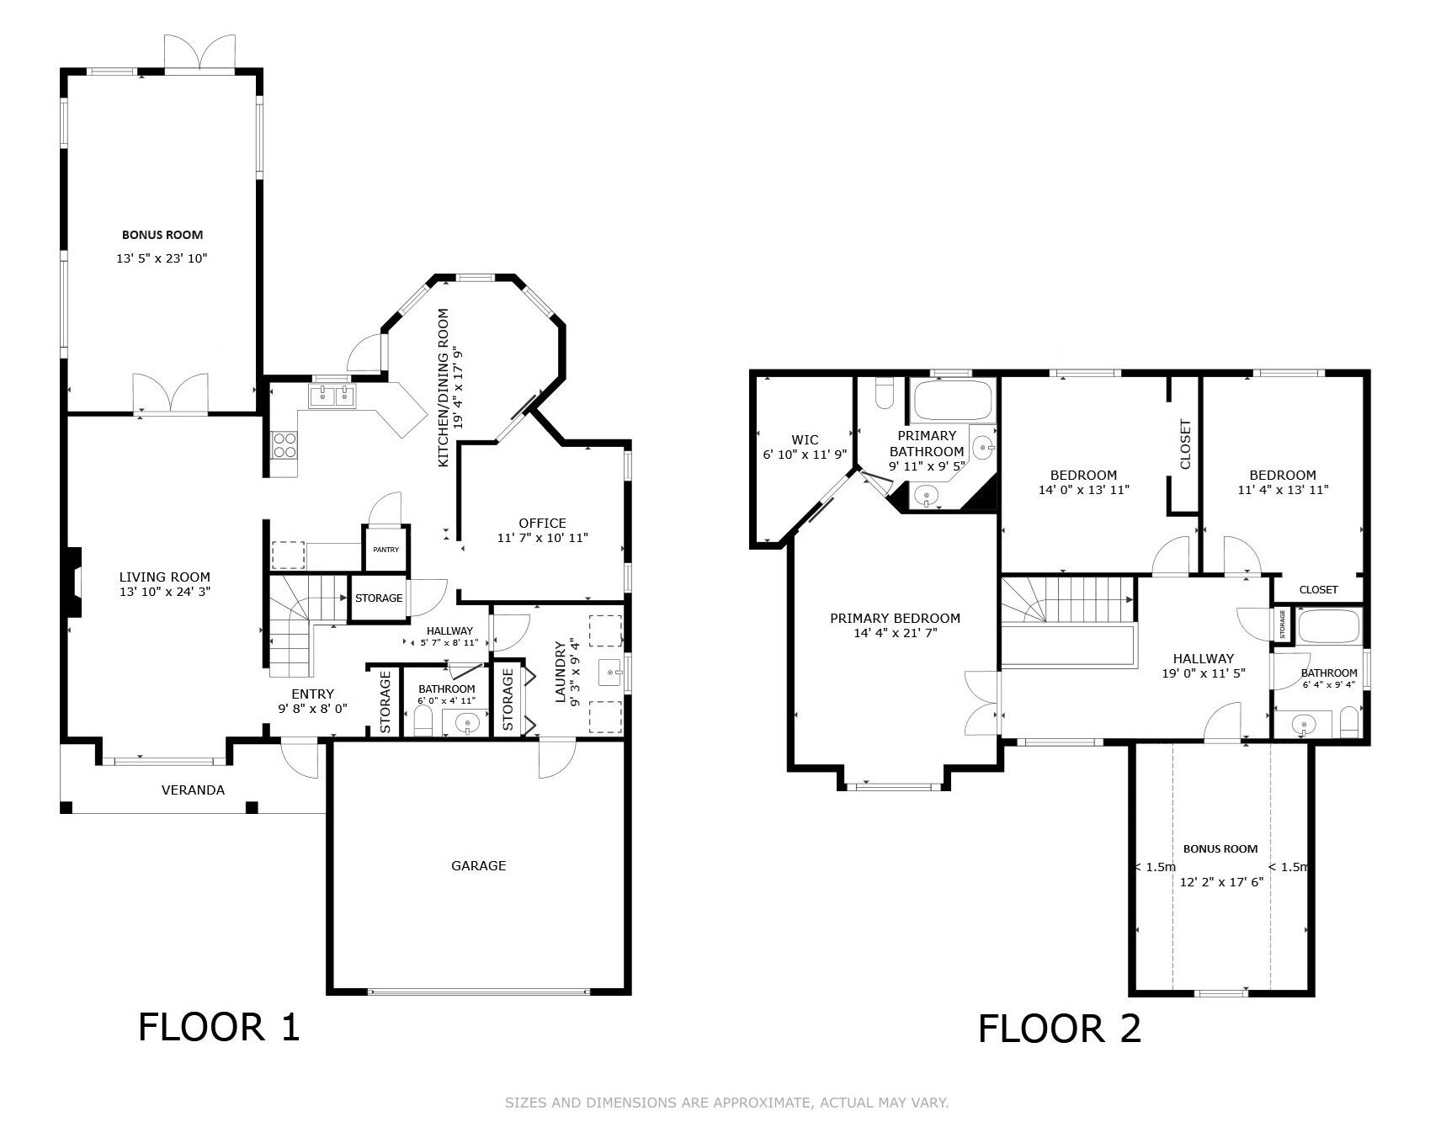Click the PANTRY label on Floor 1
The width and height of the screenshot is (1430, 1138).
385,550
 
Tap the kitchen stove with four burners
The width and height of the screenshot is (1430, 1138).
284,444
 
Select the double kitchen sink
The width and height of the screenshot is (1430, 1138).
332,396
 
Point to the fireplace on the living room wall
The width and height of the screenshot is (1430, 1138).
74,582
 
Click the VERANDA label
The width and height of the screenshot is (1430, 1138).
193,790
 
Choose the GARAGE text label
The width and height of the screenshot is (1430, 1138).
478,865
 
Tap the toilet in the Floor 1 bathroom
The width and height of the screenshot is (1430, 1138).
423,721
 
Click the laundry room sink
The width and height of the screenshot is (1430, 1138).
612,672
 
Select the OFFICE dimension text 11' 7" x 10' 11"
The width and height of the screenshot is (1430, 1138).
542,537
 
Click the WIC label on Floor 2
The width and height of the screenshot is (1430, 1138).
805,439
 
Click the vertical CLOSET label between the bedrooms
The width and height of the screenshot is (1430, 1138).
1185,444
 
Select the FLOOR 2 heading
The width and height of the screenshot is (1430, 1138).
1059,1029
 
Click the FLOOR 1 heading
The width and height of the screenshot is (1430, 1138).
219,1027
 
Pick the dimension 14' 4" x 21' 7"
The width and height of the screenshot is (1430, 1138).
895,633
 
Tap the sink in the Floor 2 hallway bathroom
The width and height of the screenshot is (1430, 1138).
1303,724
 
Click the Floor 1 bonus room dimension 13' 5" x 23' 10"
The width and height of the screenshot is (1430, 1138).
162,258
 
